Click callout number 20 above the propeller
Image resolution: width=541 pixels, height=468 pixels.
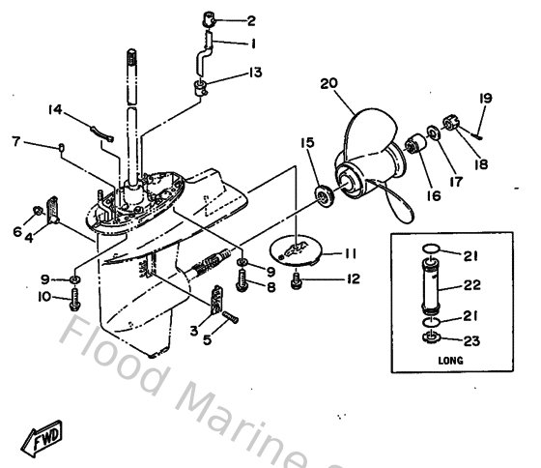pos(328,84)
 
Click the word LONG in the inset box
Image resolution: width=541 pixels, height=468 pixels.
pos(450,360)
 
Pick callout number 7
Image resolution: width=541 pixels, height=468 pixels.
pos(15,142)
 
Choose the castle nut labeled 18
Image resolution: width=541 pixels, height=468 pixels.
pos(449,123)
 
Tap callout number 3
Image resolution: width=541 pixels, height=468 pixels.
pos(194,331)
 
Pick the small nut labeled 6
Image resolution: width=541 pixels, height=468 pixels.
pos(36,210)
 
